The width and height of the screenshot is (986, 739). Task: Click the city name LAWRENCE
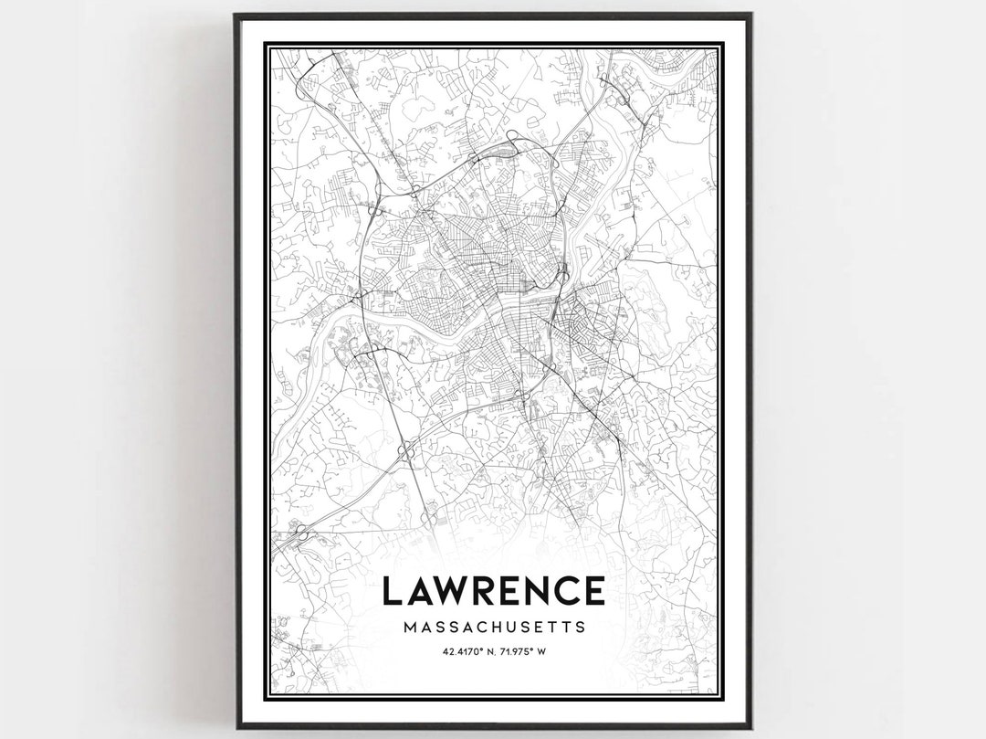pyautogui.click(x=493, y=591)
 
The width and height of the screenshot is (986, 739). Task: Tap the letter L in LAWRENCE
pyautogui.click(x=392, y=591)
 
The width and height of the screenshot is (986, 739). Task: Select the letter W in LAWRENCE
pyautogui.click(x=455, y=591)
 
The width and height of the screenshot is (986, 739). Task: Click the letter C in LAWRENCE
pyautogui.click(x=570, y=591)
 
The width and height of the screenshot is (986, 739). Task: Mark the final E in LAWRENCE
pyautogui.click(x=595, y=591)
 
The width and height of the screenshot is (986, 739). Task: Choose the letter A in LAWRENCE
pyautogui.click(x=420, y=591)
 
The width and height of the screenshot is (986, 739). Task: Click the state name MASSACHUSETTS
pyautogui.click(x=493, y=628)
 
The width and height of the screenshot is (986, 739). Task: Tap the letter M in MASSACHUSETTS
pyautogui.click(x=407, y=628)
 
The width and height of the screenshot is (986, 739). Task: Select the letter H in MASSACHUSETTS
pyautogui.click(x=493, y=628)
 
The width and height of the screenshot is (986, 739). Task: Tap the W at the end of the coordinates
pyautogui.click(x=542, y=651)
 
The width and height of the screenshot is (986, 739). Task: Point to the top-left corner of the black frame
pyautogui.click(x=236, y=16)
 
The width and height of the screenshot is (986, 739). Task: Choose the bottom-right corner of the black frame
pyautogui.click(x=750, y=727)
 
